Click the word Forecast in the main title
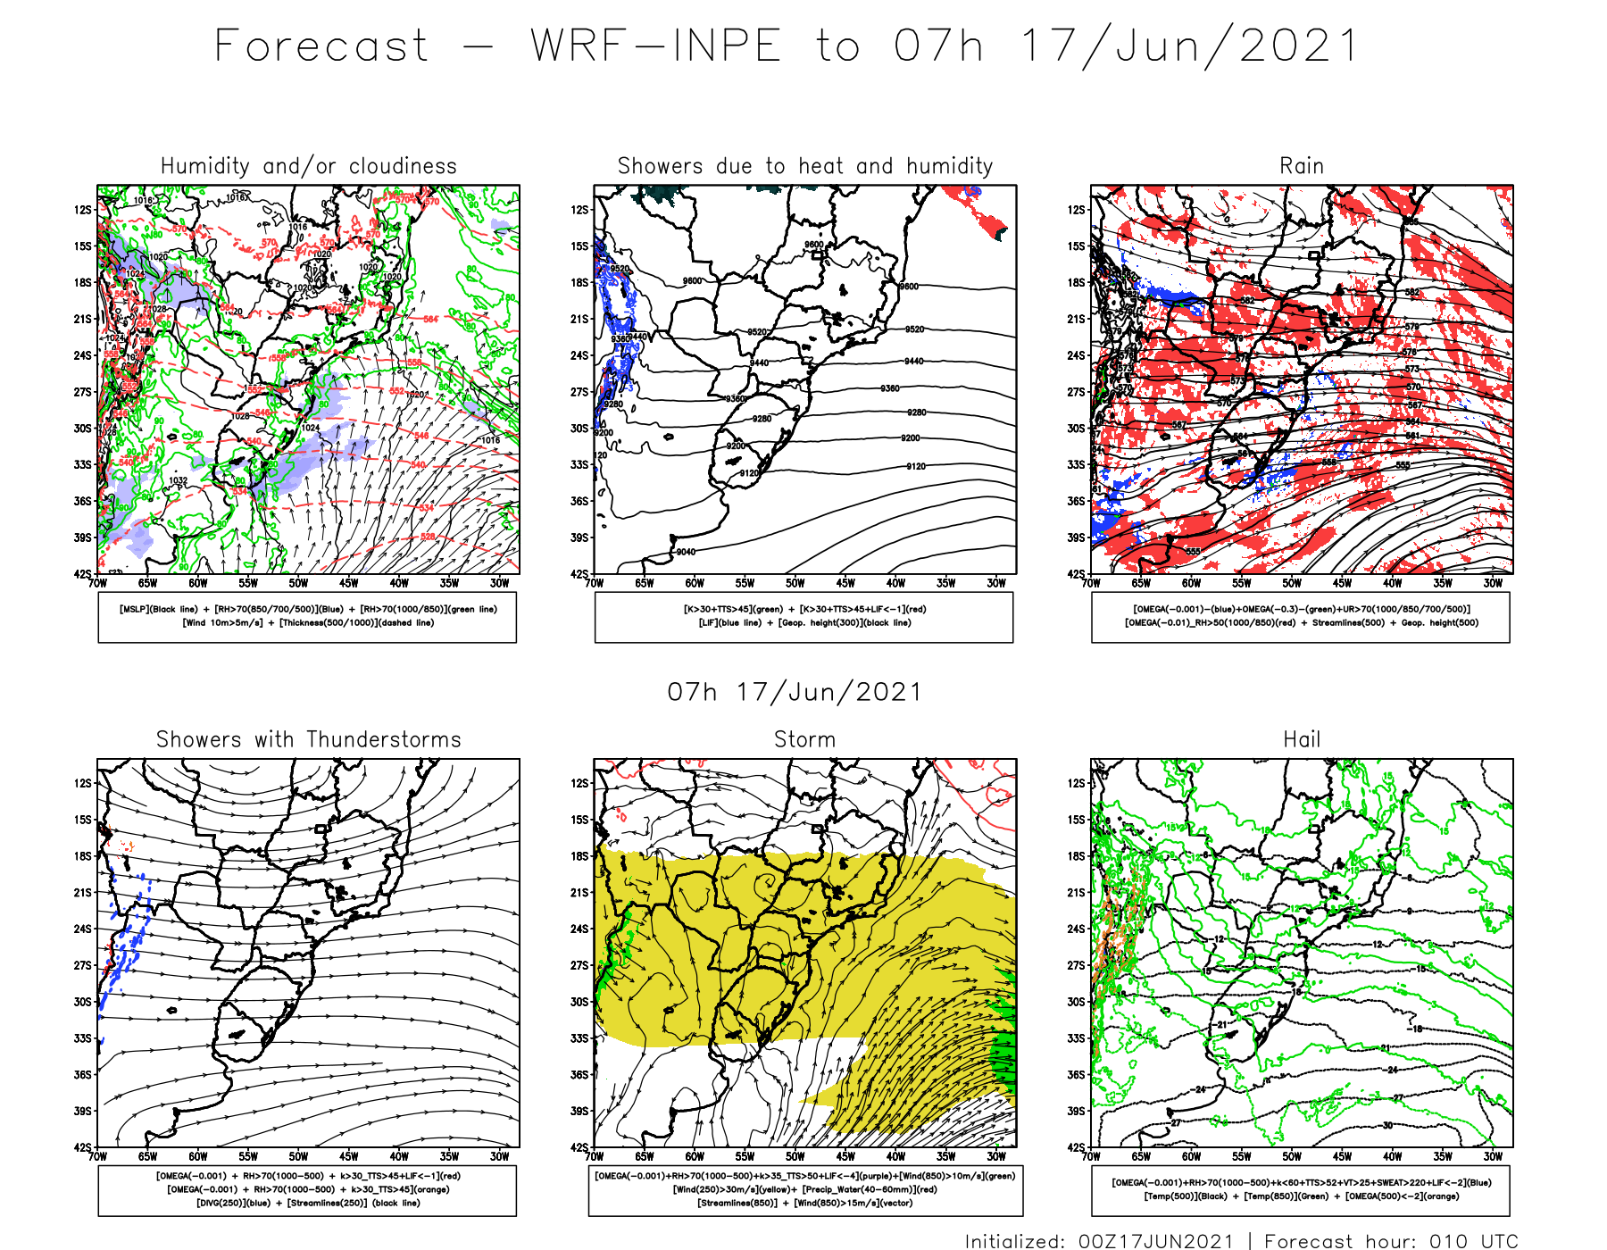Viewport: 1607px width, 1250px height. tap(321, 46)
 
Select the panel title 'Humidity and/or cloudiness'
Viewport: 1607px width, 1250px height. tap(308, 166)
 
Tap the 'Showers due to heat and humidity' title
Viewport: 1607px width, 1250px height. tap(805, 166)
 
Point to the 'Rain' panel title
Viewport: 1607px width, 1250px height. tap(1301, 166)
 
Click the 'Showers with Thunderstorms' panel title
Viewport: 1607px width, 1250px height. tap(308, 739)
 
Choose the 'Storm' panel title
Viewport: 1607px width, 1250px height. tap(804, 739)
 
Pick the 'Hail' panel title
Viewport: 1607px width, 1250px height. tap(1301, 739)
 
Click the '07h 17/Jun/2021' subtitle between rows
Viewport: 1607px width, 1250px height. tap(795, 692)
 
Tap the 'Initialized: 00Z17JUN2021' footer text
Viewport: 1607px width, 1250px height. tap(1099, 1241)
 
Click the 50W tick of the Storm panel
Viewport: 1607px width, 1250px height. tap(795, 1156)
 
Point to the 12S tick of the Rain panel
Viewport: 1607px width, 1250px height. tap(1077, 210)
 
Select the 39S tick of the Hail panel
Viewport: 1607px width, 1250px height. tap(1077, 1111)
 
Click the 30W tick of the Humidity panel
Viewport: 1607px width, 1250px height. tap(499, 583)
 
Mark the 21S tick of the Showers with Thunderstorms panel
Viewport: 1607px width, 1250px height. tap(83, 892)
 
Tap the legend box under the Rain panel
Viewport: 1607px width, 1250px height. tap(1300, 617)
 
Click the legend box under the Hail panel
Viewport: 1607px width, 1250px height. tap(1300, 1189)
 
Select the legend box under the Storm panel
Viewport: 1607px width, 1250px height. tap(805, 1189)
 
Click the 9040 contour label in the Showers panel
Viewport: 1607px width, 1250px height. tap(686, 552)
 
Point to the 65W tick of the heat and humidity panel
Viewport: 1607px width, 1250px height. tap(644, 583)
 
